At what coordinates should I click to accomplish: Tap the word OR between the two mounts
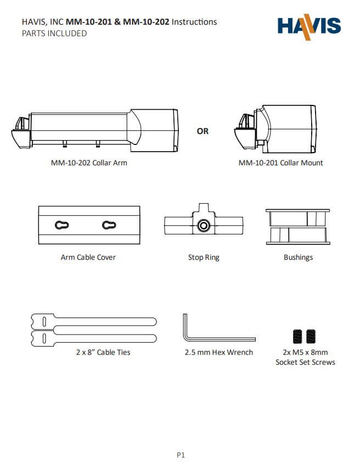[x=203, y=131]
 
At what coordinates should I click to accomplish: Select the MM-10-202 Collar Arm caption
[x=89, y=163]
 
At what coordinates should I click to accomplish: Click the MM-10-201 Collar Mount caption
[x=280, y=163]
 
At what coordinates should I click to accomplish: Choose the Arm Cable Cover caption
[x=88, y=257]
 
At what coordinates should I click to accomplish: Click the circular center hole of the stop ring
[x=204, y=225]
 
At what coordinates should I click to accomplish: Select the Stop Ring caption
[x=204, y=257]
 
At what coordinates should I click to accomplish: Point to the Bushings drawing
[x=297, y=226]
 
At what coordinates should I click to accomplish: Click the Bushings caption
[x=298, y=257]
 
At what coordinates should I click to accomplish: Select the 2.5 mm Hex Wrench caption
[x=219, y=352]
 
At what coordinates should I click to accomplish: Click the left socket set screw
[x=298, y=336]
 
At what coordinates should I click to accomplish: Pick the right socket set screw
[x=312, y=336]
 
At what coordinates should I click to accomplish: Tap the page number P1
[x=181, y=454]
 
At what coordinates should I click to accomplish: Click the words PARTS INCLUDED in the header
[x=54, y=34]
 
